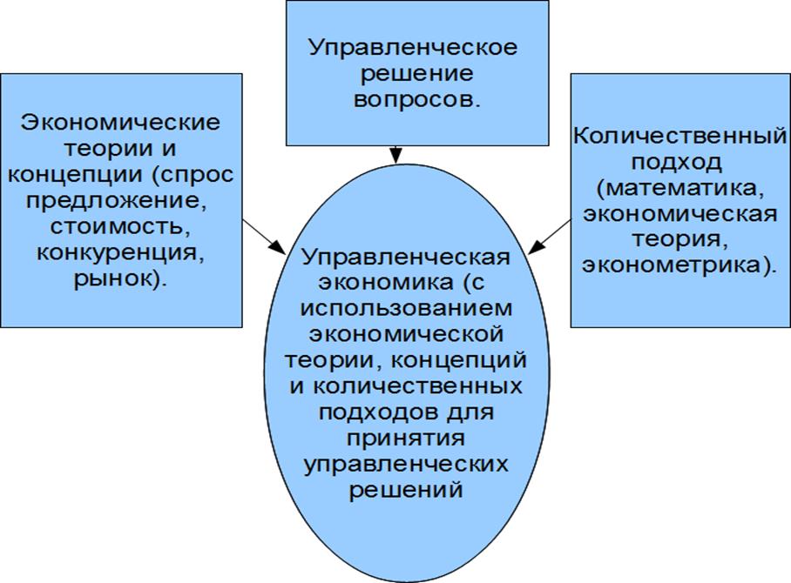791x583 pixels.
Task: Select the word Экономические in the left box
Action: pyautogui.click(x=120, y=123)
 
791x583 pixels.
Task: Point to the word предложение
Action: pyautogui.click(x=121, y=202)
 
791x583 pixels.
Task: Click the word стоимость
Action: pyautogui.click(x=121, y=228)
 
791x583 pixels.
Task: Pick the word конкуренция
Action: pyautogui.click(x=121, y=254)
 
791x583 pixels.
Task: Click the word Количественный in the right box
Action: pyautogui.click(x=680, y=137)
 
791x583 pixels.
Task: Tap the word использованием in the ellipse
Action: pyautogui.click(x=406, y=309)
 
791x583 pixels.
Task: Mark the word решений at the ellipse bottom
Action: pyautogui.click(x=406, y=488)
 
